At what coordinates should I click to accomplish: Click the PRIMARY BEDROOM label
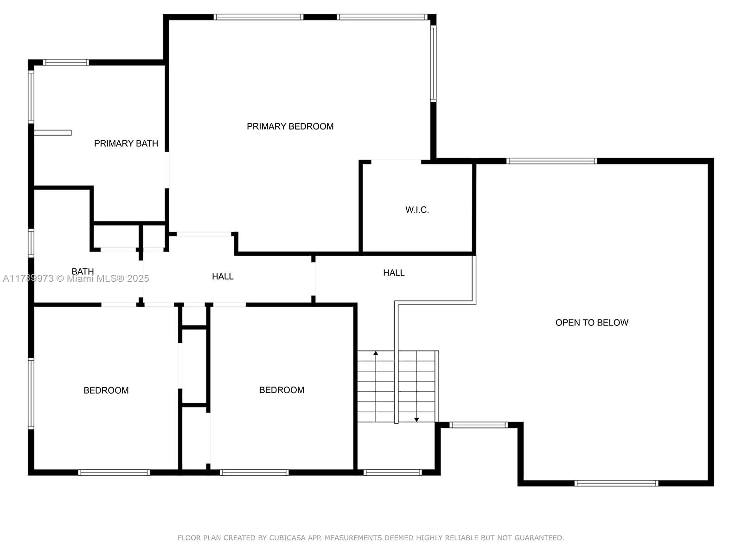[290, 126]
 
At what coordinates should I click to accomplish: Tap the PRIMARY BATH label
[126, 144]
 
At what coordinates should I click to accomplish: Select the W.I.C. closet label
[417, 210]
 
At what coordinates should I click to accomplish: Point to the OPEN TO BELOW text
[592, 323]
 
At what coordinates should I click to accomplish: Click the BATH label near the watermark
[83, 272]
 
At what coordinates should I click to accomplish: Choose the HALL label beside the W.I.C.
[394, 272]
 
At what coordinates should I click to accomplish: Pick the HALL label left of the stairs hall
[223, 277]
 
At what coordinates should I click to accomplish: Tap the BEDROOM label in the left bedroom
[106, 391]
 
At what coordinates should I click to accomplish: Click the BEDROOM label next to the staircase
[281, 390]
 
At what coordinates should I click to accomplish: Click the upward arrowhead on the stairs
[376, 353]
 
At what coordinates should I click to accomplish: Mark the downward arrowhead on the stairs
[416, 420]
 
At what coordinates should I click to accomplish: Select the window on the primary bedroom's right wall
[433, 63]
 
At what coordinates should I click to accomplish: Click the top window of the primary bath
[66, 63]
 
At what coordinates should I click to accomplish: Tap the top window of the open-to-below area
[552, 161]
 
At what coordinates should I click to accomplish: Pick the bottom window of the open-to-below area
[616, 483]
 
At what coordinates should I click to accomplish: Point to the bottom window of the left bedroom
[114, 473]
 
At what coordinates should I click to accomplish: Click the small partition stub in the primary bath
[53, 133]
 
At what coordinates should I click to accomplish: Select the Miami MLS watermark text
[76, 278]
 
